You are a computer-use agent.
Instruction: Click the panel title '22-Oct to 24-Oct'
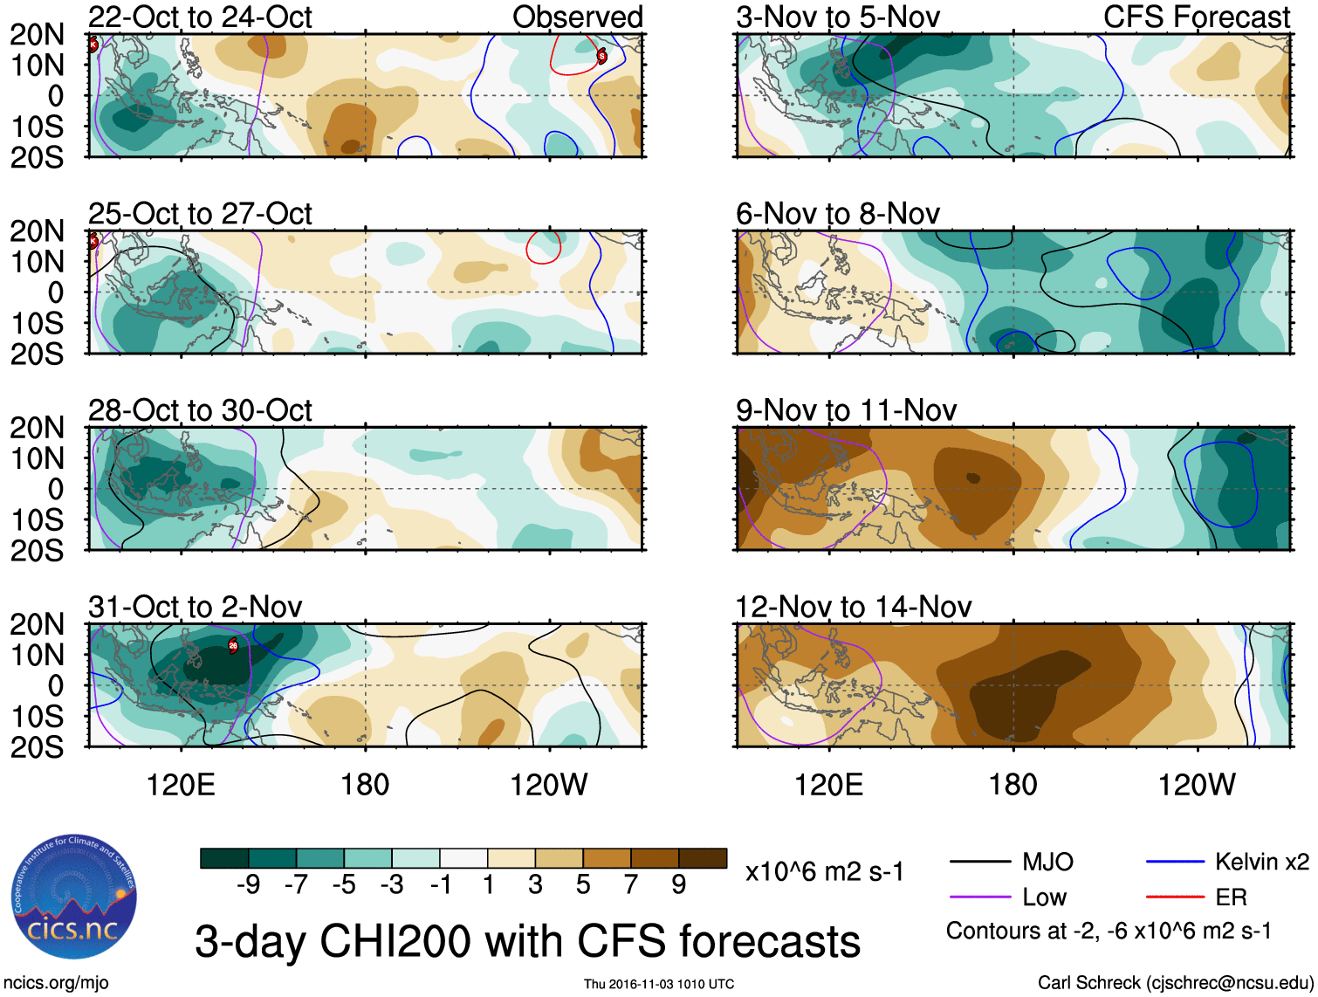pos(200,17)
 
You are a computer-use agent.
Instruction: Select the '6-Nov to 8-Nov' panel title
pos(838,213)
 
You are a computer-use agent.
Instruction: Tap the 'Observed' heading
pos(577,17)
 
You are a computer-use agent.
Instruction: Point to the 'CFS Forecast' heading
pos(1196,17)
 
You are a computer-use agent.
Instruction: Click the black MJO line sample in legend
pos(979,863)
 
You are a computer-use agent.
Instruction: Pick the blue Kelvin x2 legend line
pos(1175,863)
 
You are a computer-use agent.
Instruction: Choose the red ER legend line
pos(1175,897)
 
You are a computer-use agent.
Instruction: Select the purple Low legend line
pos(979,897)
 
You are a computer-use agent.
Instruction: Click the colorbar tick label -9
pos(248,885)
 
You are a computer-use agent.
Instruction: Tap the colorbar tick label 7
pos(631,885)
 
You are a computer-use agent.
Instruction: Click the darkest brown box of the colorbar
pos(703,858)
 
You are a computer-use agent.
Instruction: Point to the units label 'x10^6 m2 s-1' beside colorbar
pos(824,871)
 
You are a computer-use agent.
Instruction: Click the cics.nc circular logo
pos(74,897)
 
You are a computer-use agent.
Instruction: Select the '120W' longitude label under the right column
pos(1196,785)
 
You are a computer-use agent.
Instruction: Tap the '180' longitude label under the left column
pos(365,785)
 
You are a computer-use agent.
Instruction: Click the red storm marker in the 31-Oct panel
pos(233,646)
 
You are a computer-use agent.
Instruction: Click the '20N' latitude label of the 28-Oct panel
pos(37,428)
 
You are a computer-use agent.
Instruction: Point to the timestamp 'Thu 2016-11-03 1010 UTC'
pos(659,984)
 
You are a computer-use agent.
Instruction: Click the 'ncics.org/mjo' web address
pos(56,983)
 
